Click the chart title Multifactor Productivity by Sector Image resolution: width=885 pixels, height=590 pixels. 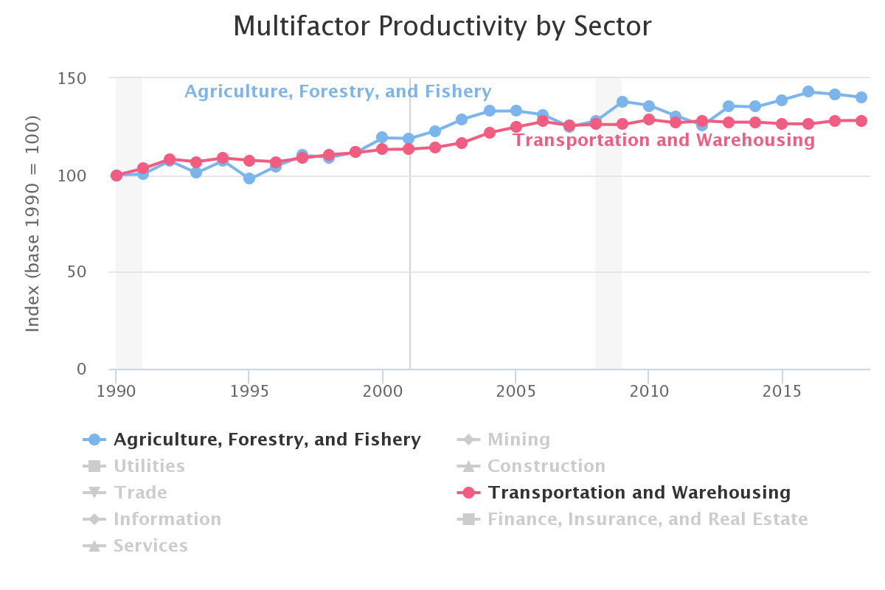442,27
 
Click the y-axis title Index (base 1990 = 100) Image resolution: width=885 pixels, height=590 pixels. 32,223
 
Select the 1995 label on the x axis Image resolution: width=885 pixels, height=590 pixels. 249,389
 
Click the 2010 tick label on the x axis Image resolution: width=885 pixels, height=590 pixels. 648,389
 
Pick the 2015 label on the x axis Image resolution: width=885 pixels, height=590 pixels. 781,389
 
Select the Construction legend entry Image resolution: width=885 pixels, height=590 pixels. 546,467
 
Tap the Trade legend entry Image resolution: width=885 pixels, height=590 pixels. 140,493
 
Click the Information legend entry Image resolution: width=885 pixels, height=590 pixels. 167,520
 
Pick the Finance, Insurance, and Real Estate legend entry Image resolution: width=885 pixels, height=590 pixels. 647,520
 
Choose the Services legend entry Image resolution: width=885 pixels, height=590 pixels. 150,546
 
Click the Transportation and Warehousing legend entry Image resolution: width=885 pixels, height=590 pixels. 639,493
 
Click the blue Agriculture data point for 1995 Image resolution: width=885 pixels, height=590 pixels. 249,178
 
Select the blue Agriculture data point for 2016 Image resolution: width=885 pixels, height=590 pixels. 808,92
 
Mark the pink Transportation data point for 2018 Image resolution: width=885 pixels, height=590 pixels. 861,121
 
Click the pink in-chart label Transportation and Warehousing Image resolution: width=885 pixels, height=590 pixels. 664,140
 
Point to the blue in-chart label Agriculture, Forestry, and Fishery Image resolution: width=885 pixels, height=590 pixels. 338,91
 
